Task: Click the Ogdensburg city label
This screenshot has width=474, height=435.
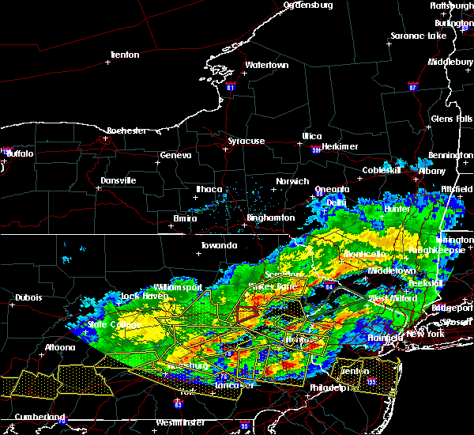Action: click(x=308, y=5)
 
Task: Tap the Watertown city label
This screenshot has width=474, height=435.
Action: click(x=265, y=65)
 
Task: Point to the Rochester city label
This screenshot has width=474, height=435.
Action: click(x=105, y=130)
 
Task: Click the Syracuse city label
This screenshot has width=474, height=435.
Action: click(x=246, y=141)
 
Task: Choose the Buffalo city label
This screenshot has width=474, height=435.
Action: click(x=20, y=153)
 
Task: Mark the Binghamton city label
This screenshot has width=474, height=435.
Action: click(x=271, y=217)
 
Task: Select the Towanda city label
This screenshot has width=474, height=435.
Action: click(x=219, y=245)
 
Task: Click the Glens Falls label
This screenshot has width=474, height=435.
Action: click(x=452, y=119)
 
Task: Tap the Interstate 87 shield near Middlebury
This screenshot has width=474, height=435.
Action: click(x=413, y=85)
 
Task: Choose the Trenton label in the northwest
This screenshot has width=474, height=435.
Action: click(x=124, y=55)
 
